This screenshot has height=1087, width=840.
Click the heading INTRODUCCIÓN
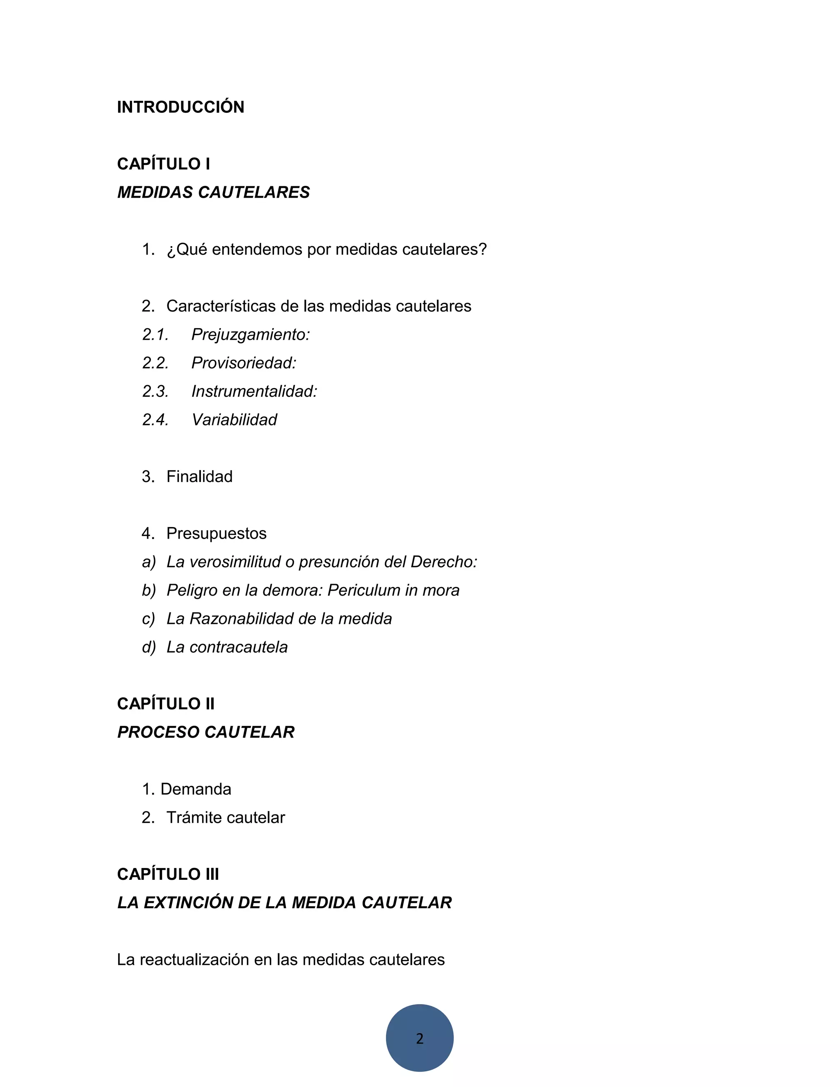point(180,107)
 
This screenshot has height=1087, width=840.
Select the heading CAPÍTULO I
point(164,164)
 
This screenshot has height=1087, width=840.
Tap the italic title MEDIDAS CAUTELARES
point(213,192)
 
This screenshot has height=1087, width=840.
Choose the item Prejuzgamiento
point(250,334)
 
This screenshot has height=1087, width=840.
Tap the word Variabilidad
point(234,420)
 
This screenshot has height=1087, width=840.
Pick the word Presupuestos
point(217,533)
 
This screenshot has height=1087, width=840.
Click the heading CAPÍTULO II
point(166,703)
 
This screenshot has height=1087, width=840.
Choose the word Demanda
point(196,789)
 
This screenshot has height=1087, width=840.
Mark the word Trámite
point(192,817)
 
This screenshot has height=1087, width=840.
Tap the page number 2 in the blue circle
point(420,1038)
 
